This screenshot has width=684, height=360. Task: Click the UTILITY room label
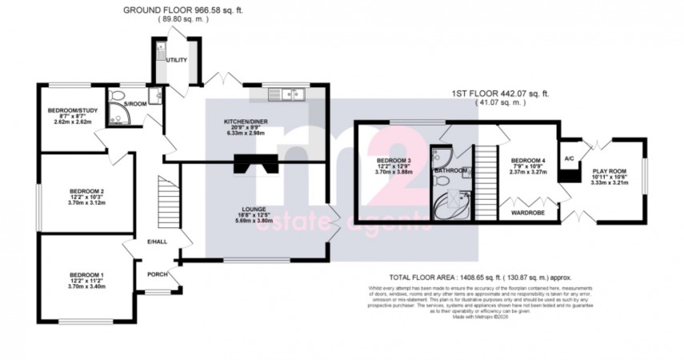[x=176, y=60]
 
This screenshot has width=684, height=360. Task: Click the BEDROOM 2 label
[x=87, y=191]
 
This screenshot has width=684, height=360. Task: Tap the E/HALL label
[x=157, y=242]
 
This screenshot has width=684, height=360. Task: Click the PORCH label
[x=157, y=274]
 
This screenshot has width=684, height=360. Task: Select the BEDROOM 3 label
[x=393, y=161]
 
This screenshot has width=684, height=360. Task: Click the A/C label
[x=570, y=158]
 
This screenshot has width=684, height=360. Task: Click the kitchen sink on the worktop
[x=288, y=94]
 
